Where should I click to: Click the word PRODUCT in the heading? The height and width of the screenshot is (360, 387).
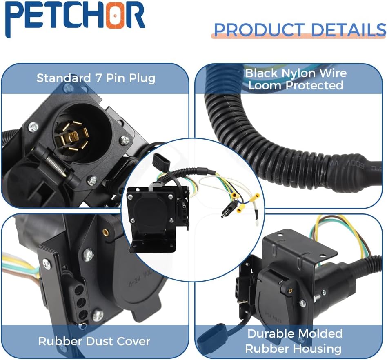(259, 30)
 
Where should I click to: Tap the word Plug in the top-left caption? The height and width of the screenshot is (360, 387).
(142, 78)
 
